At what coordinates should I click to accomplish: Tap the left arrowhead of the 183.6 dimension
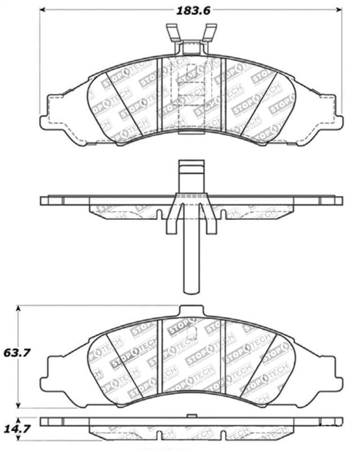pyautogui.click(x=42, y=9)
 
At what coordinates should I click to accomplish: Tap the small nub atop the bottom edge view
pyautogui.click(x=191, y=416)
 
